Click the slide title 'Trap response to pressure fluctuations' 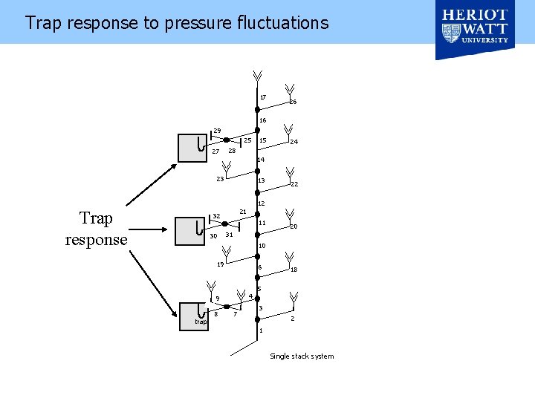[176, 23]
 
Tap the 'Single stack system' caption [302, 356]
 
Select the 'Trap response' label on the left [96, 229]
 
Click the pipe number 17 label [263, 97]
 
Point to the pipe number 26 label [294, 102]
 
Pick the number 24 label [294, 141]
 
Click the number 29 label [217, 131]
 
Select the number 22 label [294, 185]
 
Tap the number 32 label [217, 217]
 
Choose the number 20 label [294, 226]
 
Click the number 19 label [220, 264]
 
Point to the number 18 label [294, 270]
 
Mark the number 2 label [293, 319]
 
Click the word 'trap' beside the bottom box [201, 322]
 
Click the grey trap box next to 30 [189, 230]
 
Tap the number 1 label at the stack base [262, 330]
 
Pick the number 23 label [220, 179]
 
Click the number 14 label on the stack [261, 160]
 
